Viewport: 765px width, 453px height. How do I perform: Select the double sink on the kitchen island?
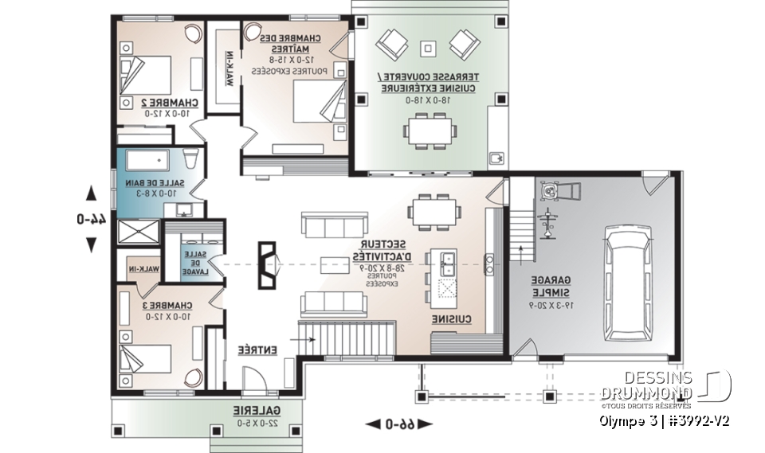coord(445,259)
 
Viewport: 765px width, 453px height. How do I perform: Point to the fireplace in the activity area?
coord(269,264)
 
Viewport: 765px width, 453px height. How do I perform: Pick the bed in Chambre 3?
coord(146,351)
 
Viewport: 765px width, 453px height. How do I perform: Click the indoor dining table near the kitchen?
coord(433,212)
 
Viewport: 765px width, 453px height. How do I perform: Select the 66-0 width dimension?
coord(398,425)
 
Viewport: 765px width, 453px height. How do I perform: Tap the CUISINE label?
coord(455,319)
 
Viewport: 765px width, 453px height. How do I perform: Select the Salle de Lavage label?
coord(194,263)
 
